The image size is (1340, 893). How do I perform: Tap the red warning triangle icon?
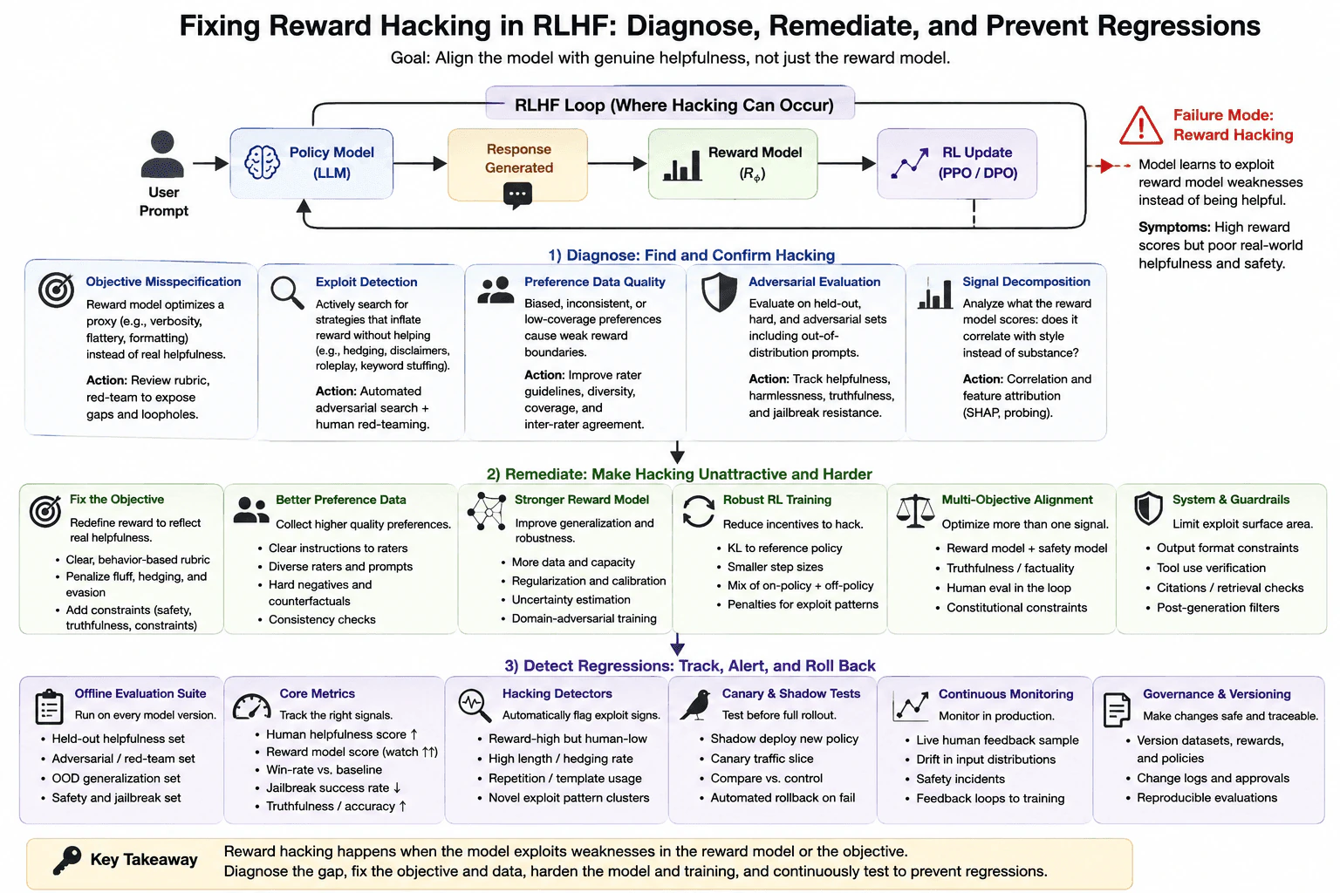(1141, 126)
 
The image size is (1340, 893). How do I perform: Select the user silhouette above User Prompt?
(162, 153)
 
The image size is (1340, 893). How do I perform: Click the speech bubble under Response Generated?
(517, 195)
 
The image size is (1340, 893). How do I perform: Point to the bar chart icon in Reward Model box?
(682, 166)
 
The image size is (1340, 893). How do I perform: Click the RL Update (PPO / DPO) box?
(956, 163)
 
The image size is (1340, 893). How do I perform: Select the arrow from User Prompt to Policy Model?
(210, 163)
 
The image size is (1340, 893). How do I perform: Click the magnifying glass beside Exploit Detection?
(287, 292)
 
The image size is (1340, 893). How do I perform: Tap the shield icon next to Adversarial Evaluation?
(719, 292)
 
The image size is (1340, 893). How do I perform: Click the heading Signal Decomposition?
(1026, 282)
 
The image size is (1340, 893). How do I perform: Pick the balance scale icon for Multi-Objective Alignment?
(914, 511)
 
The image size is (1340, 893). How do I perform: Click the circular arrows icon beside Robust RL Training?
(698, 511)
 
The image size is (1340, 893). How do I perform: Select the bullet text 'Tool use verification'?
(1211, 568)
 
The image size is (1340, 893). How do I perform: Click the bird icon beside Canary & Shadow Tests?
(695, 705)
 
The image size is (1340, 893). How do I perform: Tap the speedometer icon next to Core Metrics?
(251, 706)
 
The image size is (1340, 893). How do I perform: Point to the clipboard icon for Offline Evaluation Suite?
(49, 707)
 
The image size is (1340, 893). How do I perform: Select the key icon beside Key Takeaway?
(66, 861)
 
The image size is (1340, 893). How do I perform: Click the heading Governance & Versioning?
(1217, 694)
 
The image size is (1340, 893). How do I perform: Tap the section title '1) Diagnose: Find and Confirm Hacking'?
(692, 256)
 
